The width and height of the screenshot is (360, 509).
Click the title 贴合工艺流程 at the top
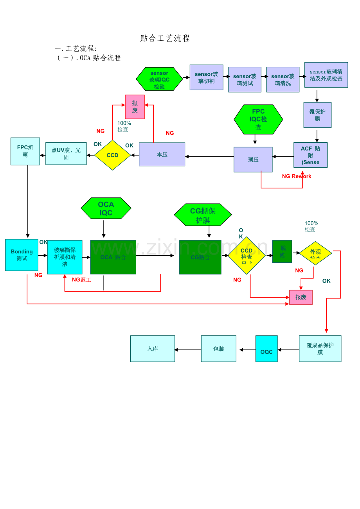click(165, 38)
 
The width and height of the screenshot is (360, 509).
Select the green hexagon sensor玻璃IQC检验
click(159, 79)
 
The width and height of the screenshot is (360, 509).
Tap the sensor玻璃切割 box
click(206, 77)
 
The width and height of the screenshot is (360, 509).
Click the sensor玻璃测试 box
click(245, 80)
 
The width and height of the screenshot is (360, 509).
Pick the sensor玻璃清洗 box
click(283, 80)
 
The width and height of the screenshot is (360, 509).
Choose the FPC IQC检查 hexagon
click(258, 120)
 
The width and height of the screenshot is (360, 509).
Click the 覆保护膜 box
click(317, 115)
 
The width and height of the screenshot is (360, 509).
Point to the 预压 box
click(253, 160)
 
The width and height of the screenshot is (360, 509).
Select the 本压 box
click(162, 154)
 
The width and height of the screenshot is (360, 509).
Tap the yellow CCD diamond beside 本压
click(112, 155)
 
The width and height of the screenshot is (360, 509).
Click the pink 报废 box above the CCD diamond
click(135, 107)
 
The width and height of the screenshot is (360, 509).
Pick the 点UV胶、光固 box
click(66, 154)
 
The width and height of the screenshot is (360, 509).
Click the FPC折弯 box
click(25, 151)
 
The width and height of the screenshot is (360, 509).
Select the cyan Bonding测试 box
click(22, 255)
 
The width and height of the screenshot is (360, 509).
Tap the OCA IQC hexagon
click(106, 208)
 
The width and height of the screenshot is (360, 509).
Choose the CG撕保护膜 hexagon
click(203, 215)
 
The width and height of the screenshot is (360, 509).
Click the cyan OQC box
click(266, 349)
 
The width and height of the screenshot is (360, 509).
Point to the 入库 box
click(153, 349)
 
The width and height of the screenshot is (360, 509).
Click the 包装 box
click(218, 349)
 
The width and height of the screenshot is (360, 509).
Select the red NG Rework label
click(297, 176)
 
